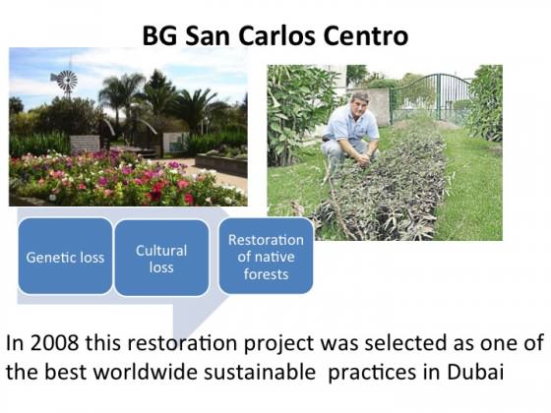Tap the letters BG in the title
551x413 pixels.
(159, 35)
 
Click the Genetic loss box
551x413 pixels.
(65, 256)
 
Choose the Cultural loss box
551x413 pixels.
(161, 258)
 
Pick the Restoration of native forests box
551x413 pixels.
(266, 256)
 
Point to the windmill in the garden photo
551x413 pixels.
(65, 82)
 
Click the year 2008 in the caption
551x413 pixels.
(54, 342)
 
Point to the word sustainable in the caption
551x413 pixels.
(260, 372)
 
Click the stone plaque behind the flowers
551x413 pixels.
(85, 144)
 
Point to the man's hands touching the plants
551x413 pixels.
(364, 159)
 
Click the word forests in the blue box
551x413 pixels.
(266, 274)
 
